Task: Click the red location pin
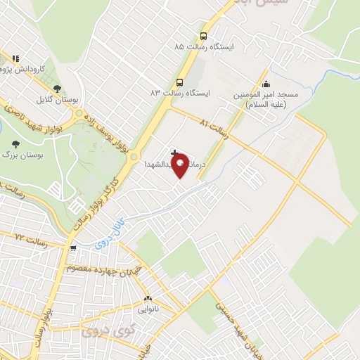pyautogui.click(x=181, y=165)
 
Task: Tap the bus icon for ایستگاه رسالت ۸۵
pyautogui.click(x=203, y=37)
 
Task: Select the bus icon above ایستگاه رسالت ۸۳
pyautogui.click(x=180, y=82)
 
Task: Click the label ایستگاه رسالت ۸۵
pyautogui.click(x=207, y=46)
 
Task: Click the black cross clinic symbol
pyautogui.click(x=174, y=153)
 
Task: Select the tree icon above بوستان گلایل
pyautogui.click(x=57, y=89)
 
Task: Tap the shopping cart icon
pyautogui.click(x=72, y=248)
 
